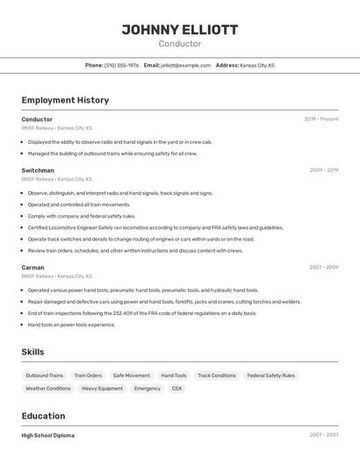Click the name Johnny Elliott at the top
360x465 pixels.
179,30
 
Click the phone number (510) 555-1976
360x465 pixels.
121,65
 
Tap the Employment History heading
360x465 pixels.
65,100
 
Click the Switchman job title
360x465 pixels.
38,170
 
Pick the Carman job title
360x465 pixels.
32,267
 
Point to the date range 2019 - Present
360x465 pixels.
321,119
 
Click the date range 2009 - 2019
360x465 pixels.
324,170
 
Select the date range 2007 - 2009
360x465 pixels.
324,267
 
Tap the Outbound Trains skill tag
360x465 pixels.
44,376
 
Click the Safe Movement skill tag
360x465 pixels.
132,376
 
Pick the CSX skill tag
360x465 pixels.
176,388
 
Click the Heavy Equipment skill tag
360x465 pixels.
103,388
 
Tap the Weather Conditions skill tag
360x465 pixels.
47,388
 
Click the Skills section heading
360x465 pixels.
32,352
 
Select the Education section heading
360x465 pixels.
43,416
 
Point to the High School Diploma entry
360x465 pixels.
48,435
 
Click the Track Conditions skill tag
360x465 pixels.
217,376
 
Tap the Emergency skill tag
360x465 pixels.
148,388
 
